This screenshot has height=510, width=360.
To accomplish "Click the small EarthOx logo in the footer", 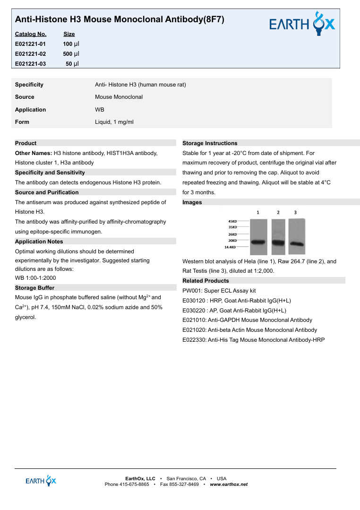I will pos(41,480).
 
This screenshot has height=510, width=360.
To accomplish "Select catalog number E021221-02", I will pos(31,54).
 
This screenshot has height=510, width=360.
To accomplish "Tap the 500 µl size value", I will pos(71,54).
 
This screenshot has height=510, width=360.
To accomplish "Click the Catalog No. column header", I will pos(31,34).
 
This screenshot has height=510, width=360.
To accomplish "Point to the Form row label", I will pos(22,122).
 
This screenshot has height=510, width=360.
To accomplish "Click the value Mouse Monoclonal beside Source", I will pos(119,97).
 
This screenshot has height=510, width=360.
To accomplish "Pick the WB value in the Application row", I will pos(100,110).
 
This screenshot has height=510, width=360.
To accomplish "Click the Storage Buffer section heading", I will pos(34,288).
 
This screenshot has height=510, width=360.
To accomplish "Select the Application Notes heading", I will pos(39,242).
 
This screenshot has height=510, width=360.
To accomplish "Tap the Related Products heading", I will pos(206,281).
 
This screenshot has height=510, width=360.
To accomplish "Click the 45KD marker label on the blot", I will pos(232,221).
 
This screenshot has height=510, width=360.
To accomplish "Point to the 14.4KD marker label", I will pos(231,247).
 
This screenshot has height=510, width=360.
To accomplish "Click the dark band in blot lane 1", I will pos(258,242).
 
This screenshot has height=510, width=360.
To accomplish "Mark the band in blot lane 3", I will pos(296,244).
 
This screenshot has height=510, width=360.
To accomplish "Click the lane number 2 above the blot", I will pos(278,213).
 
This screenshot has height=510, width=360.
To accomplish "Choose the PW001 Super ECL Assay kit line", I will pos(219,291).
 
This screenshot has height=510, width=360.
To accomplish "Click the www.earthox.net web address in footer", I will pos(229,484).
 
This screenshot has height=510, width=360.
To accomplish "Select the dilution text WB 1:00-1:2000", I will pos(35,278).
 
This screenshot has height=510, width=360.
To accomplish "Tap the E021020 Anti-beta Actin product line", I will pos(249,330).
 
